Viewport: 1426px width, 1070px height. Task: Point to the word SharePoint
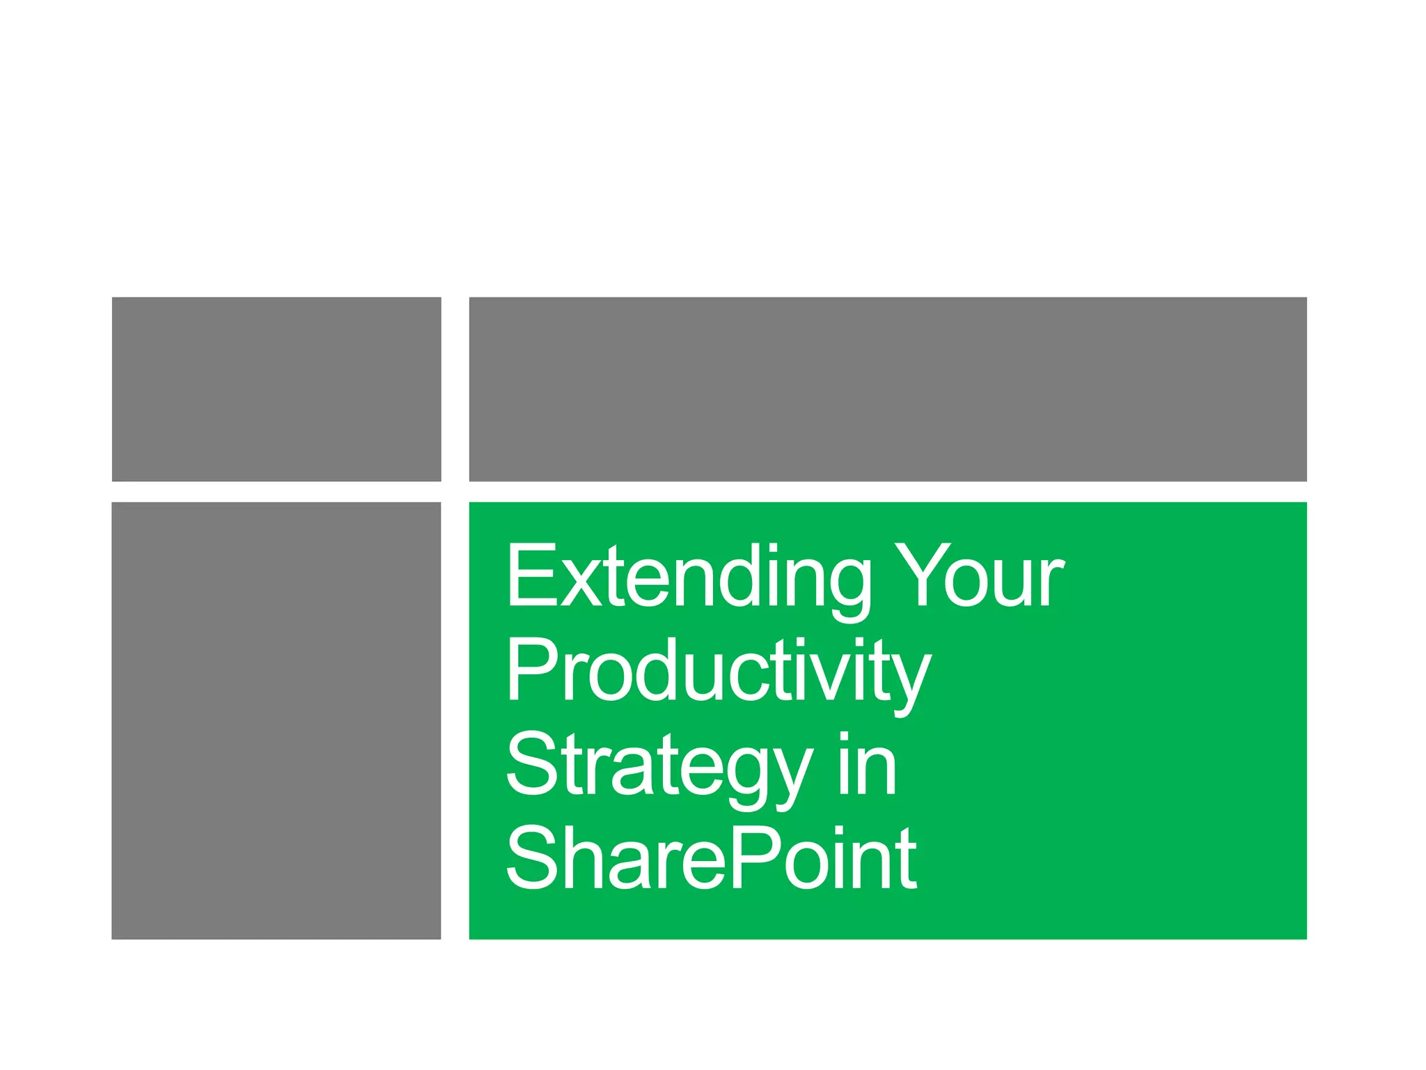pos(710,858)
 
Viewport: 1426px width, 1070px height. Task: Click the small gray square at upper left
pos(276,389)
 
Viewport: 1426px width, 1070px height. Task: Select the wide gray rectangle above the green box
pos(888,389)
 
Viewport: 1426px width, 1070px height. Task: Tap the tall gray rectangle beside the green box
pos(276,720)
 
